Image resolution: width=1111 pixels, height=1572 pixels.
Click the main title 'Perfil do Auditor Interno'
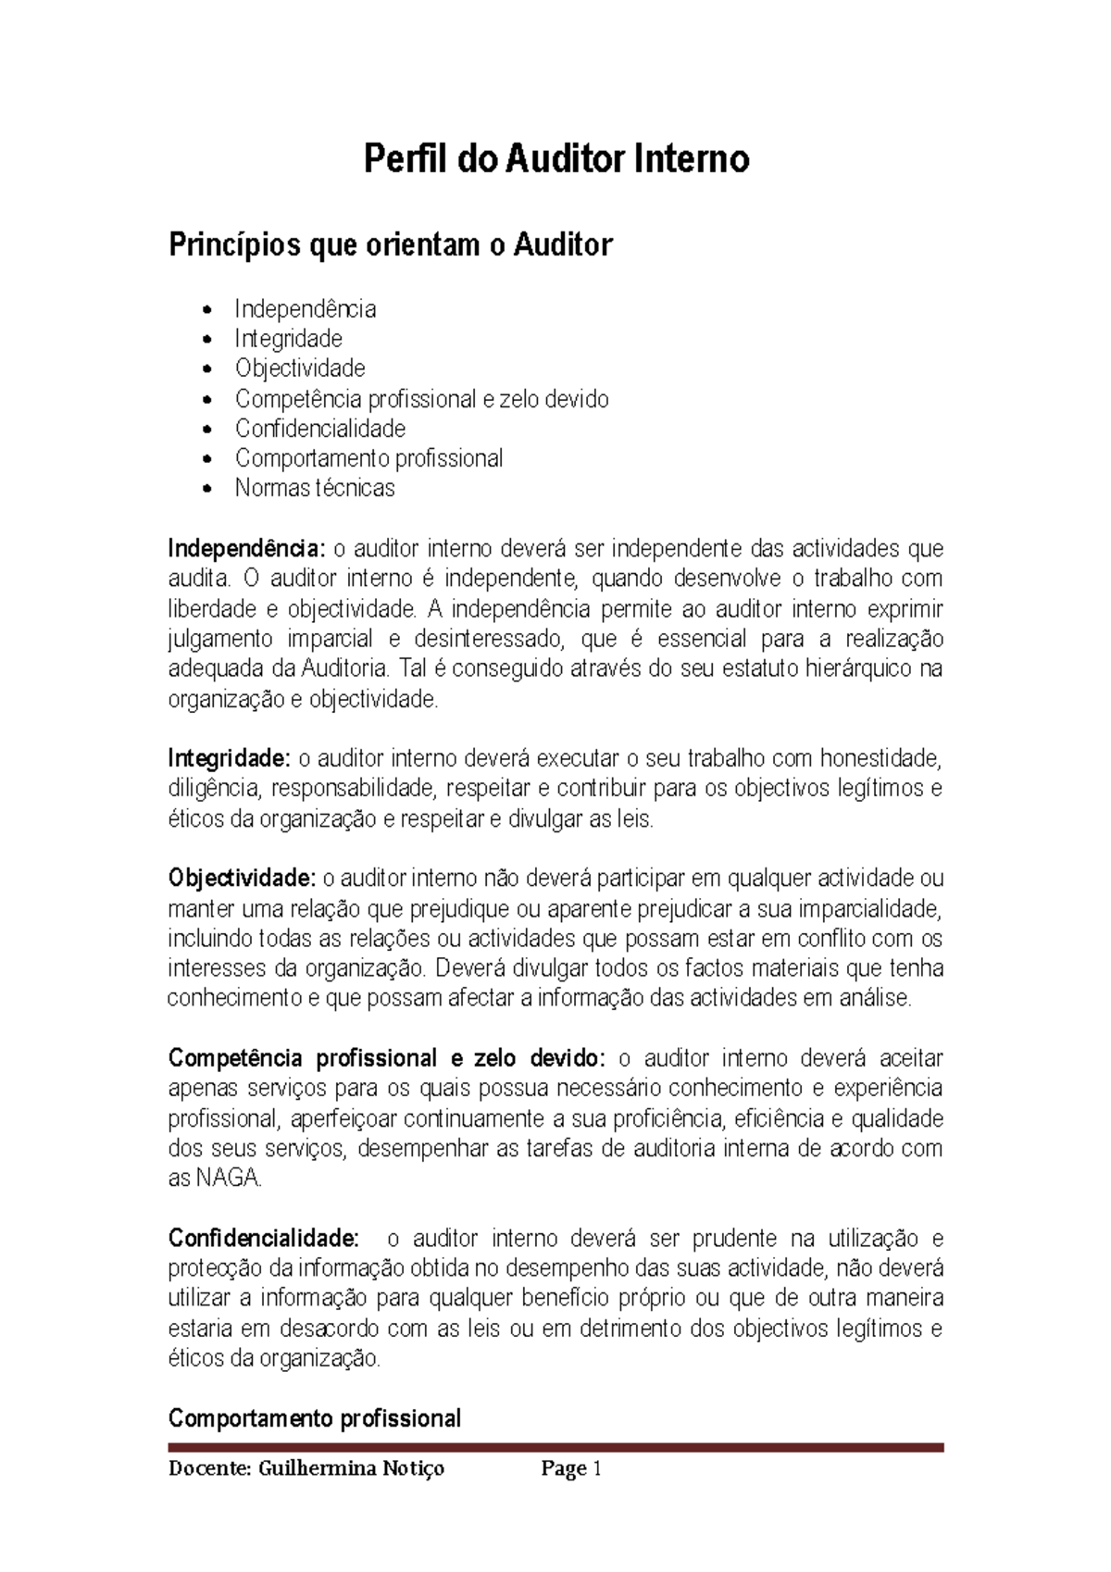(555, 160)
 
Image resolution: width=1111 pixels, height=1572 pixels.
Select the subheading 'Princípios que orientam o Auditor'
(390, 245)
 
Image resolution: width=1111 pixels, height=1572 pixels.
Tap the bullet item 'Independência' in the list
(305, 308)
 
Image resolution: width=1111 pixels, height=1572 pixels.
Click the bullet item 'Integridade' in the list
(288, 338)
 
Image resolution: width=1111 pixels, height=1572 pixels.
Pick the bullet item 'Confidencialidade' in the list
(319, 429)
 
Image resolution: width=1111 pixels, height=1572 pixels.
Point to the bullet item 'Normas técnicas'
(315, 488)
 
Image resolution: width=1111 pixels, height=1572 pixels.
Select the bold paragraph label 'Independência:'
(247, 549)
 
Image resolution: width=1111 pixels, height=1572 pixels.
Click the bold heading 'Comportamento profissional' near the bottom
(314, 1418)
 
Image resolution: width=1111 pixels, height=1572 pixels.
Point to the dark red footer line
(555, 1447)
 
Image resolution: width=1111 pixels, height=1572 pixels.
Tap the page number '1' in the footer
(597, 1469)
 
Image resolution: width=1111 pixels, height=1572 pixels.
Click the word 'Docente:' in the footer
(209, 1469)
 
